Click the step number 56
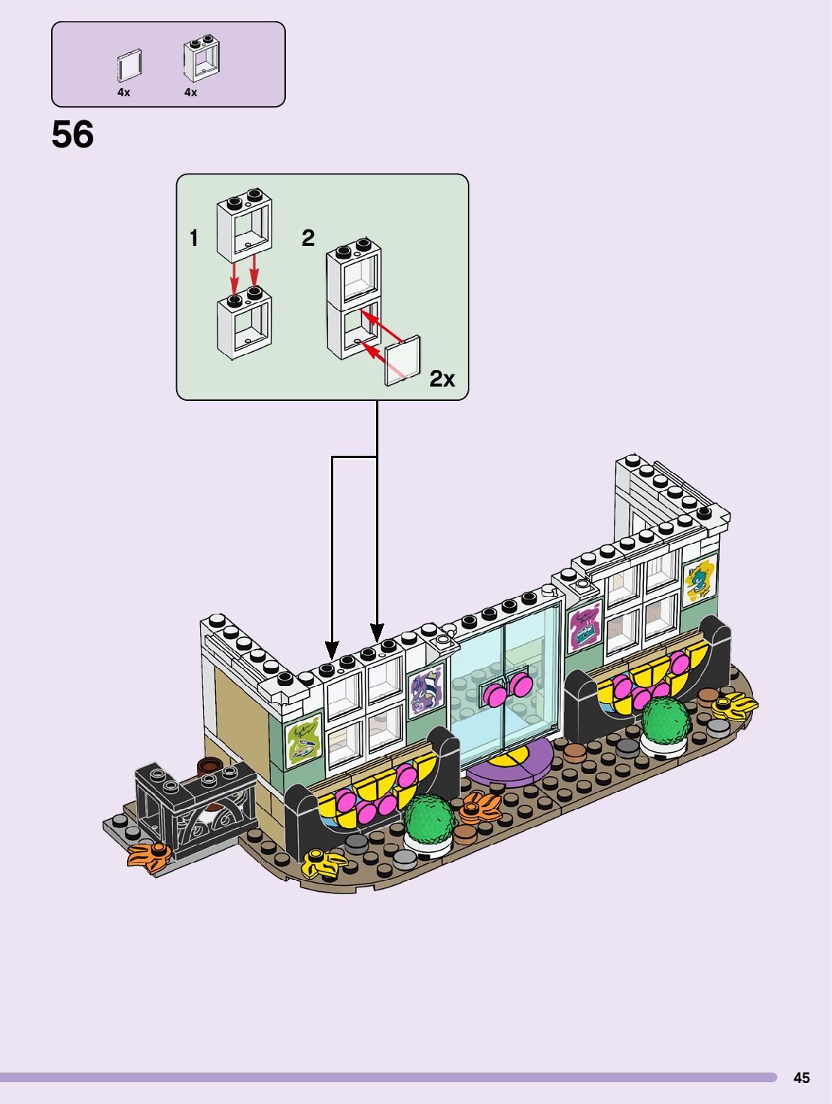click(73, 135)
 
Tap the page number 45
click(801, 1078)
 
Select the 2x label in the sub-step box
click(442, 379)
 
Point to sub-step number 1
click(194, 238)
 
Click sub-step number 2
click(308, 238)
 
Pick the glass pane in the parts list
click(129, 66)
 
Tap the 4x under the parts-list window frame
click(190, 93)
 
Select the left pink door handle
click(495, 694)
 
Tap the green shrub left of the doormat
click(429, 822)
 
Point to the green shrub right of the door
click(665, 722)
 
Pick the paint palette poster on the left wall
click(304, 740)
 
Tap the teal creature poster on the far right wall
click(700, 578)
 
